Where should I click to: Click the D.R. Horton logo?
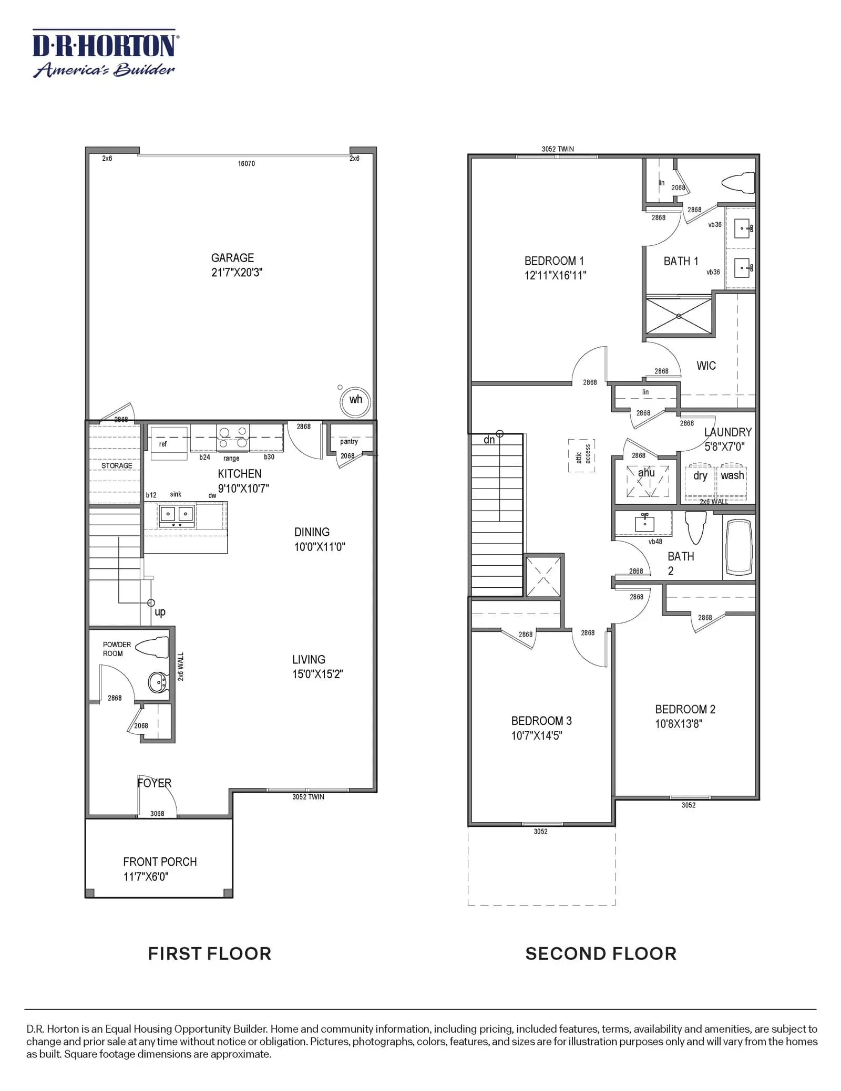point(106,54)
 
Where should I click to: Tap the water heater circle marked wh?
point(355,402)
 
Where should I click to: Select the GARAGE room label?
point(232,258)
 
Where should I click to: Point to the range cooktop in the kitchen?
point(233,438)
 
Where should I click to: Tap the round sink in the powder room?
point(158,682)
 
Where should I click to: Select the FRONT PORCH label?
point(160,862)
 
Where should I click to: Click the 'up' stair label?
point(160,612)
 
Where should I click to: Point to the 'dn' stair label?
point(489,440)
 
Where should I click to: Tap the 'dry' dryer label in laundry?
point(700,476)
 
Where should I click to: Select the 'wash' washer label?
point(732,475)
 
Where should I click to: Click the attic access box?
point(582,455)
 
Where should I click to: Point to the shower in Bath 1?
point(679,316)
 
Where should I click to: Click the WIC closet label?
point(706,366)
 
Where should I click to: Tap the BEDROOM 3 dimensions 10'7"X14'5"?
point(537,736)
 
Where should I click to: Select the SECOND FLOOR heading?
point(601,954)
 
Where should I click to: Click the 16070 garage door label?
point(246,164)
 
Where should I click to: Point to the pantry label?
point(349,442)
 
